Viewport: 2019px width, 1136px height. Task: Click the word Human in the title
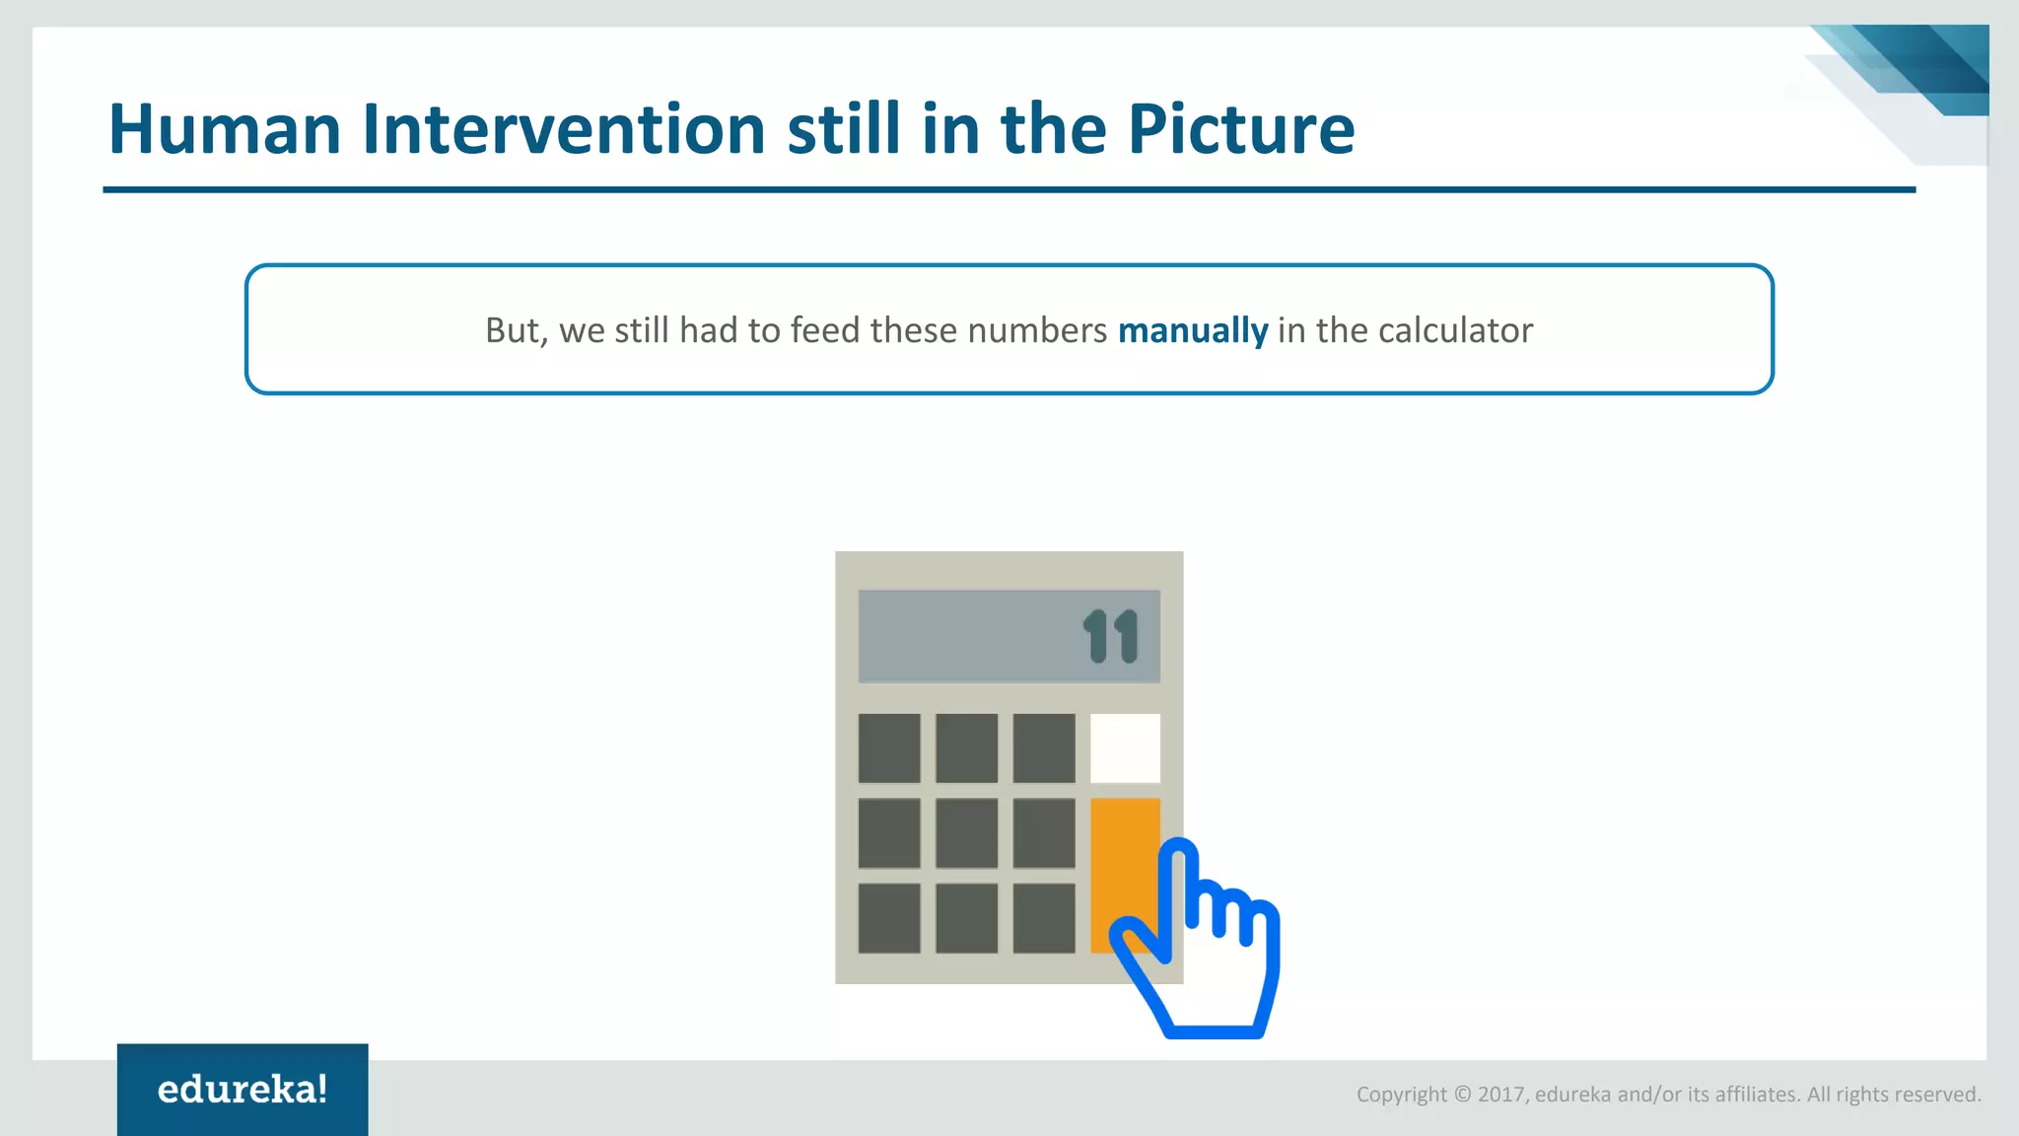(x=225, y=130)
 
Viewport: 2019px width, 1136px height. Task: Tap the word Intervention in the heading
(x=563, y=130)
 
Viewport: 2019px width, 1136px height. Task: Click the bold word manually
(x=1192, y=330)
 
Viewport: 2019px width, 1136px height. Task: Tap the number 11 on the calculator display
(x=1111, y=637)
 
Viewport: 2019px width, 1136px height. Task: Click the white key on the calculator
(x=1124, y=748)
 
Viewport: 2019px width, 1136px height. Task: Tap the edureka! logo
(x=243, y=1090)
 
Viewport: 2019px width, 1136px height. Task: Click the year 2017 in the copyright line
(x=1500, y=1095)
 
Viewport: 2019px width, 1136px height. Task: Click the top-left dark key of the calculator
(x=889, y=748)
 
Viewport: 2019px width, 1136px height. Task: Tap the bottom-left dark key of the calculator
(x=889, y=918)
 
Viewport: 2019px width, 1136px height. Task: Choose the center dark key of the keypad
(x=966, y=833)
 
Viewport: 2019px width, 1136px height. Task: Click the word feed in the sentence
(x=825, y=330)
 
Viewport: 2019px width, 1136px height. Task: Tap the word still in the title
(x=843, y=130)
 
